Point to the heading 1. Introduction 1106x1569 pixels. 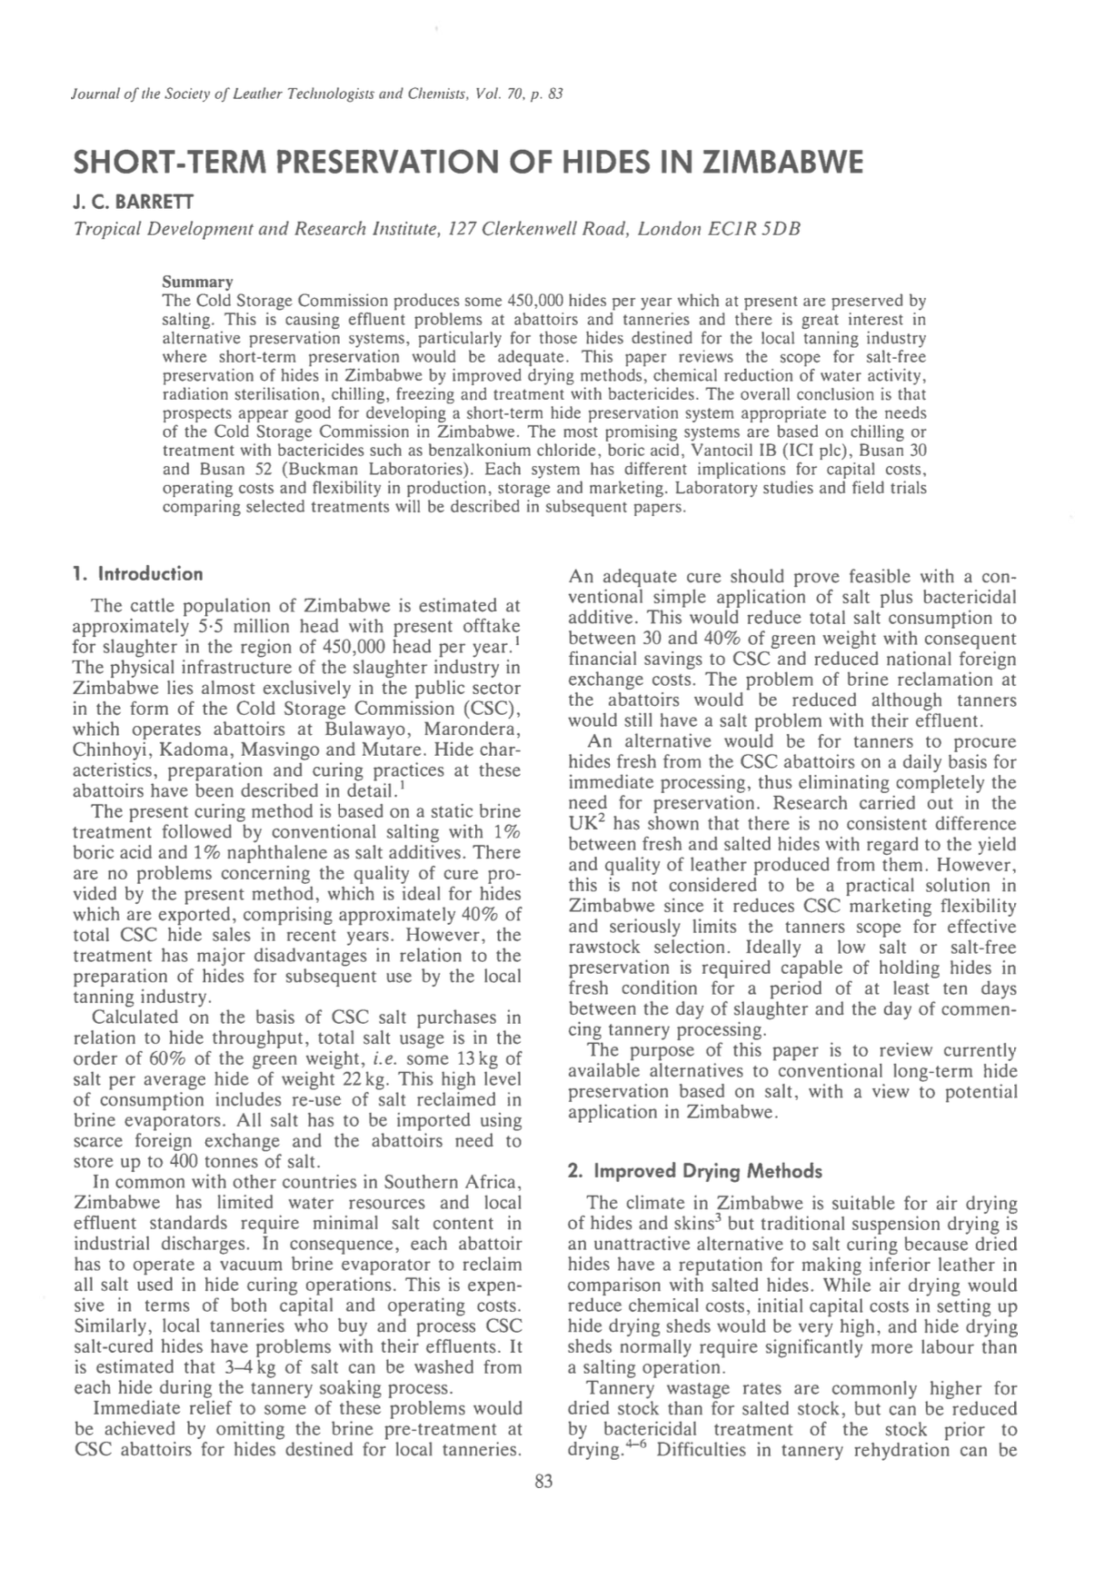point(137,574)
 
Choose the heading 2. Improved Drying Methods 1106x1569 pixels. point(694,1171)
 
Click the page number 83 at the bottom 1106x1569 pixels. point(544,1483)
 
